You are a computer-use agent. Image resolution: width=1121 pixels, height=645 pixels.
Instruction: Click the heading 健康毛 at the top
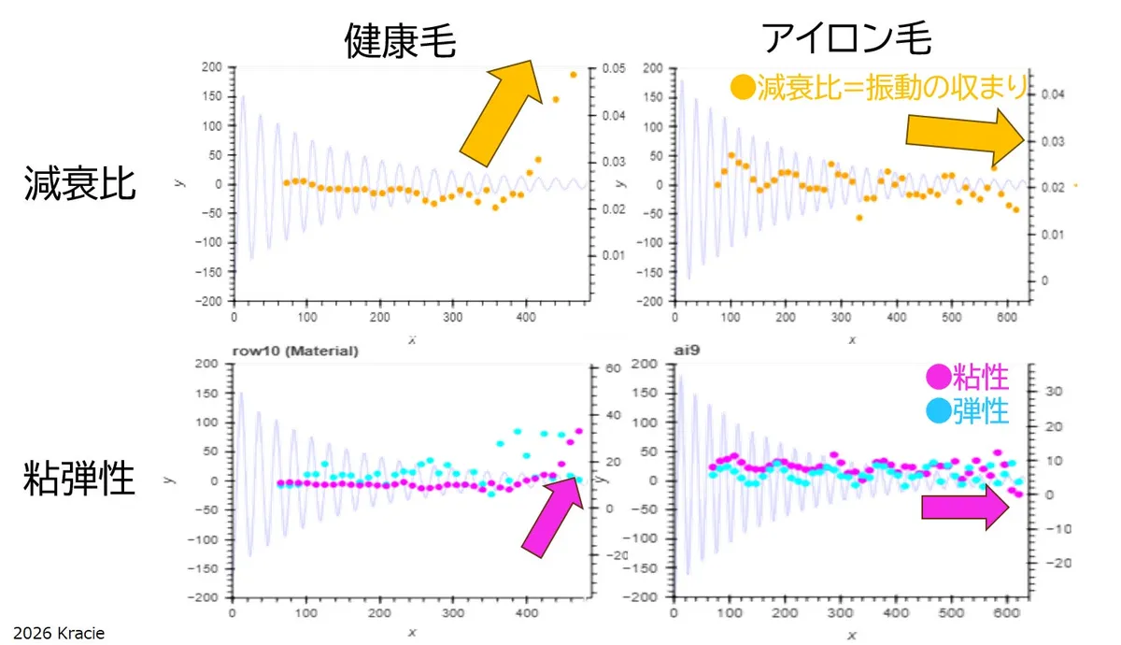tap(399, 39)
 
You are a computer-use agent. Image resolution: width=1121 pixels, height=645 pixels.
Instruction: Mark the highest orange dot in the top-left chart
tap(573, 75)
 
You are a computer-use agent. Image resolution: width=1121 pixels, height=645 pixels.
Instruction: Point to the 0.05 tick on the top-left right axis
tap(613, 68)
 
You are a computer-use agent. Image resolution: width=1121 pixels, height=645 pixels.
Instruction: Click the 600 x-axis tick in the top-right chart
tap(1006, 315)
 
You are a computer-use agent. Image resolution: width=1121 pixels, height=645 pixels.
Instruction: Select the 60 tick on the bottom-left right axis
tap(611, 368)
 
